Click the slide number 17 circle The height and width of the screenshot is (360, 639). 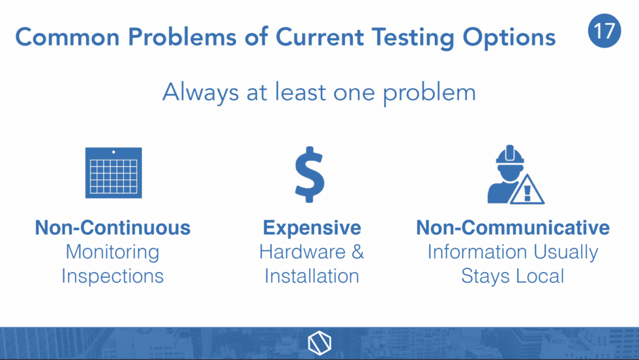(x=604, y=31)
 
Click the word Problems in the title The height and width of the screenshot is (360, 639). (x=182, y=37)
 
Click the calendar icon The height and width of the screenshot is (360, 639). (x=113, y=173)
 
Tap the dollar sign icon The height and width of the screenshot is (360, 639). (x=310, y=175)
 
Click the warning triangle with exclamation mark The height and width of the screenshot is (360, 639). (x=527, y=190)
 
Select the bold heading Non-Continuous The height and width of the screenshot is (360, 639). (x=113, y=228)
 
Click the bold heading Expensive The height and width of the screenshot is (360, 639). (x=312, y=228)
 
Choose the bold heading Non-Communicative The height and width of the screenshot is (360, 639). (x=513, y=228)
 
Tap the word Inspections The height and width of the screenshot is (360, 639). (x=112, y=277)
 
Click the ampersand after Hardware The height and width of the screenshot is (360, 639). (x=357, y=252)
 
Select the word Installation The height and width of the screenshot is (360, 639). (x=312, y=276)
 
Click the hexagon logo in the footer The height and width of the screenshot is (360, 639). (x=319, y=343)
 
